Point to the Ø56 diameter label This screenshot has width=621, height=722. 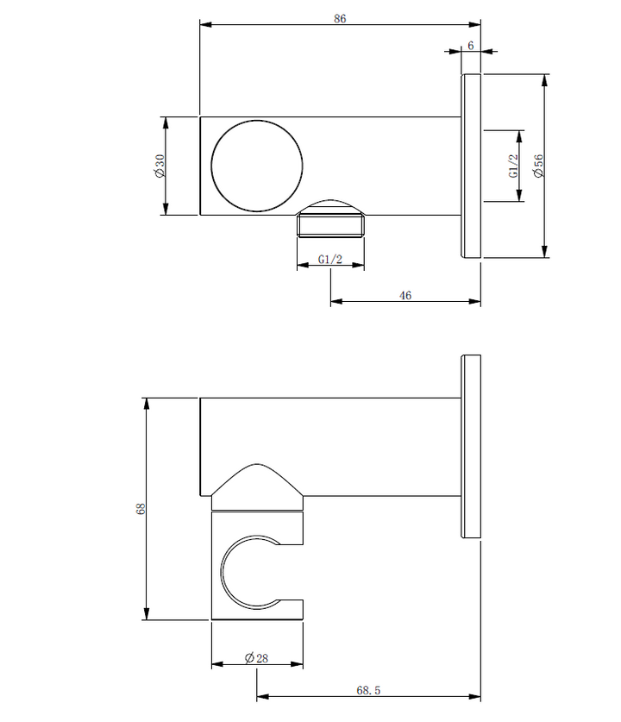(538, 166)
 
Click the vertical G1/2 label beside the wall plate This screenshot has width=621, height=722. (512, 166)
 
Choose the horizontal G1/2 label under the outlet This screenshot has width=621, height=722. (330, 259)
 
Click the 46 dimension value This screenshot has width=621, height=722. (405, 295)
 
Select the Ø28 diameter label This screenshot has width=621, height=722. (257, 657)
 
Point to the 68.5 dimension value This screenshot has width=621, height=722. (369, 690)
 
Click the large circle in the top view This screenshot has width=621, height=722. (257, 165)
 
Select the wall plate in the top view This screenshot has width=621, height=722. (471, 166)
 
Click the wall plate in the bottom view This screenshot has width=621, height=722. (471, 446)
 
